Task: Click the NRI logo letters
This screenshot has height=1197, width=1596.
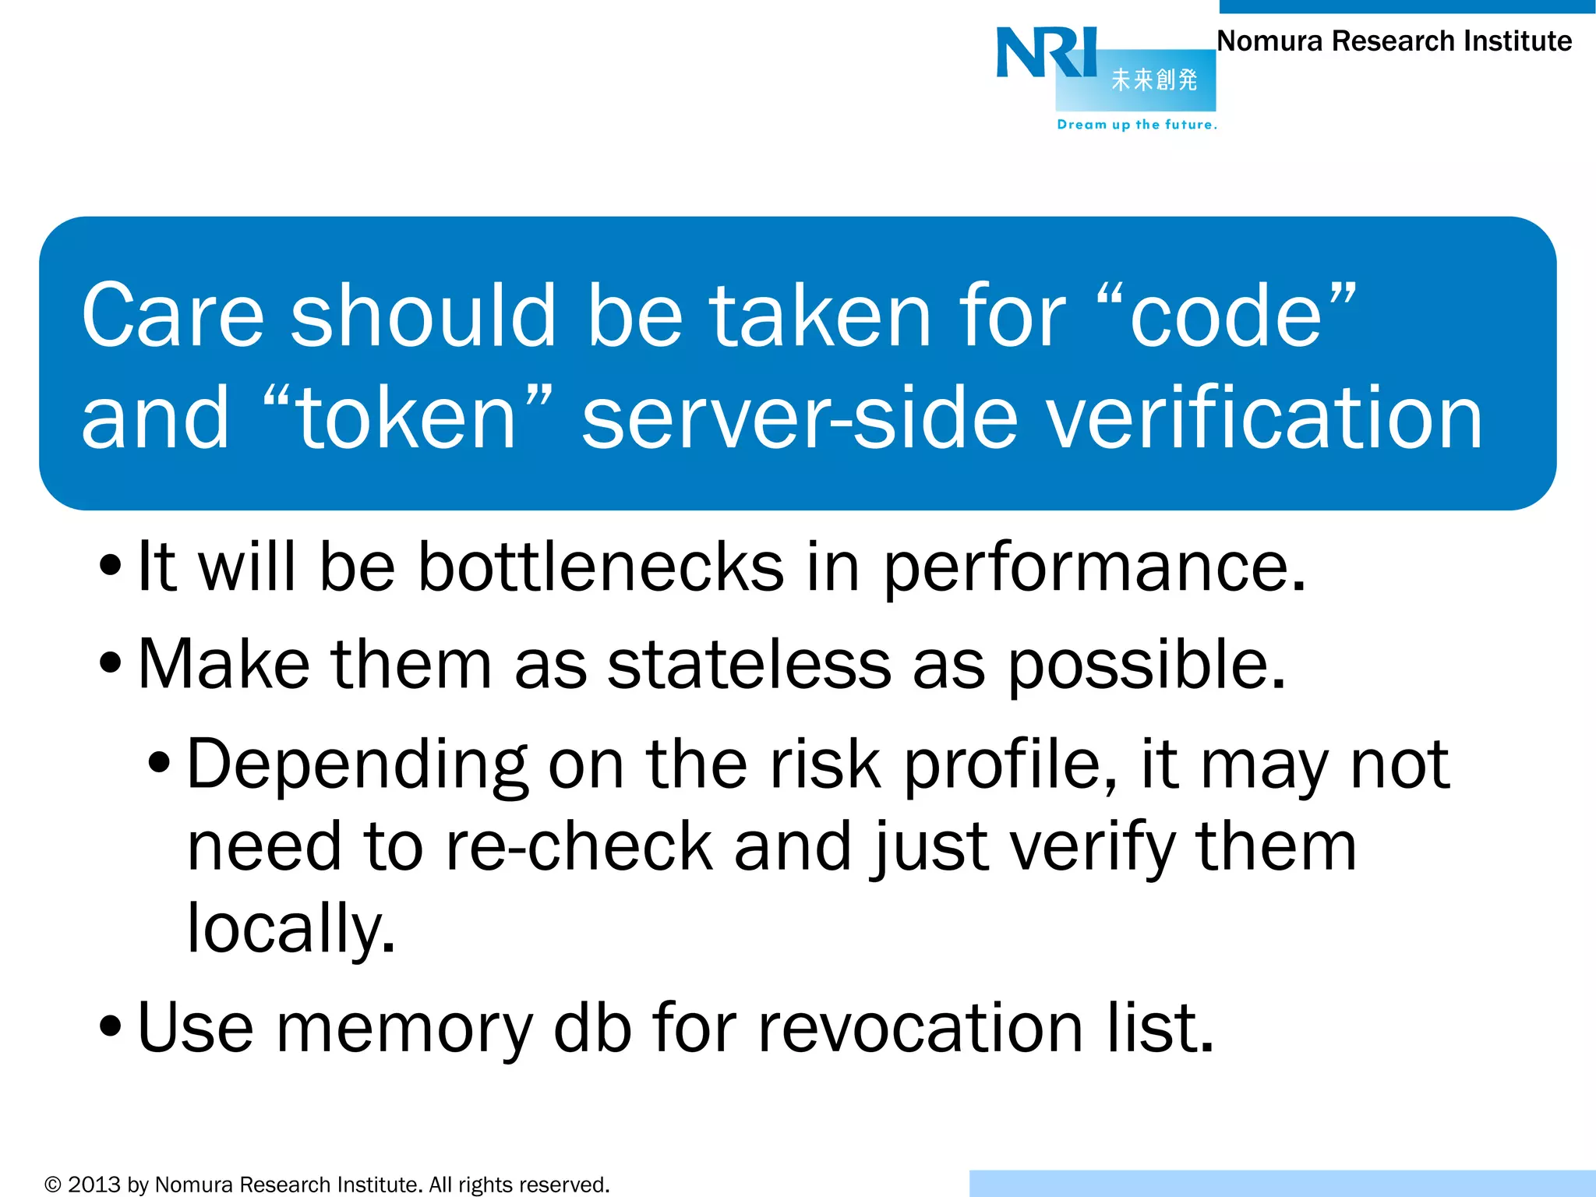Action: pos(1046,53)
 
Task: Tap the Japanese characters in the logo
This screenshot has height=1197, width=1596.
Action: pos(1153,79)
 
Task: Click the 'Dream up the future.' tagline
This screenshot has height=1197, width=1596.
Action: pos(1136,125)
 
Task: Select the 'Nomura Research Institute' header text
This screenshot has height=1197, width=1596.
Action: pos(1394,41)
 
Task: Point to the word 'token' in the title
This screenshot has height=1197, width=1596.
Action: pos(408,419)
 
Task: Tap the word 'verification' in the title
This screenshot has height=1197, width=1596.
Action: pos(1263,419)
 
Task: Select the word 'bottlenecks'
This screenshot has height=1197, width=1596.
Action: pos(601,567)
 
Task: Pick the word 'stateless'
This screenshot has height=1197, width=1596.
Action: pos(749,665)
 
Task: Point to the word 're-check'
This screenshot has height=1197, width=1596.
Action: pos(579,846)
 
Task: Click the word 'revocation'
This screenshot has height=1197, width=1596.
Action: pos(920,1028)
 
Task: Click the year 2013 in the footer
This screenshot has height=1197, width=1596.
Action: pos(94,1185)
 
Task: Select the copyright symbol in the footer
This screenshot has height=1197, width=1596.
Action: pos(52,1185)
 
